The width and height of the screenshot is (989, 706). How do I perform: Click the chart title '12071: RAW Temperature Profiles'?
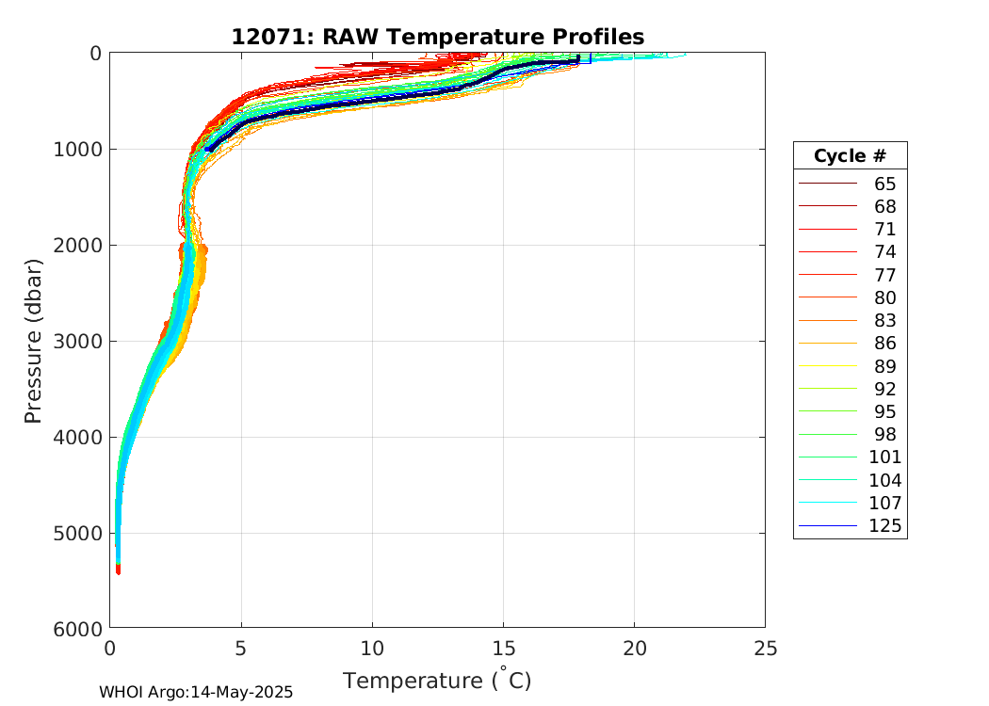click(x=437, y=37)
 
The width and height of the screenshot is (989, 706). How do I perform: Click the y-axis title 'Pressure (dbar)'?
click(x=34, y=340)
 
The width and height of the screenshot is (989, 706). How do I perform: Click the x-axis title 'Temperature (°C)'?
click(x=437, y=680)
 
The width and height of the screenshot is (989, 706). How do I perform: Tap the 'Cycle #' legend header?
click(x=850, y=155)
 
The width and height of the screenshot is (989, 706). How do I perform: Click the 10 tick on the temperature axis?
click(x=372, y=649)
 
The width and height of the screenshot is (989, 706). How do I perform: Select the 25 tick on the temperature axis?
click(x=766, y=649)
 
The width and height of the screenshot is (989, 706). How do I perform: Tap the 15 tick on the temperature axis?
click(x=503, y=649)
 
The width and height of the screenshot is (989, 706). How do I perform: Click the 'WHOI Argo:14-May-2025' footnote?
click(x=196, y=692)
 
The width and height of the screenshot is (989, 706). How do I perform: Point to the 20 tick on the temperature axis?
click(x=634, y=649)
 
